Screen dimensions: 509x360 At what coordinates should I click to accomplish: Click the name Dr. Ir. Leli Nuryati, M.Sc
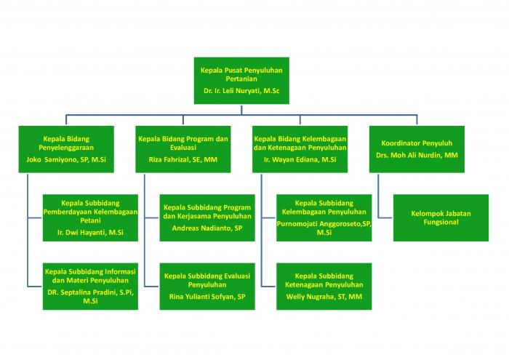(x=241, y=91)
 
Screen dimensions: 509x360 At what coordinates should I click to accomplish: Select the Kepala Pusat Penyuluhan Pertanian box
(x=241, y=81)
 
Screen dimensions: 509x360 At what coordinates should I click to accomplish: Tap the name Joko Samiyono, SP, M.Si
(x=66, y=159)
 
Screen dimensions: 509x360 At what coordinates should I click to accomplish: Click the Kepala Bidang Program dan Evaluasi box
(x=183, y=149)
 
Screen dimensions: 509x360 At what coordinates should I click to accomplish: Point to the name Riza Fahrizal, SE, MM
(x=183, y=159)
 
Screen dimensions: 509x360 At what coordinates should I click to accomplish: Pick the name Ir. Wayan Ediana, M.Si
(x=300, y=159)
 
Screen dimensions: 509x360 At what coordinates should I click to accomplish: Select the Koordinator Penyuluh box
(x=417, y=149)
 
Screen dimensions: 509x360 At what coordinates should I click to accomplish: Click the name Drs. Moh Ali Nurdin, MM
(x=417, y=155)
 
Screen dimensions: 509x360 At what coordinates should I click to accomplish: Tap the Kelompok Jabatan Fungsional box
(x=441, y=217)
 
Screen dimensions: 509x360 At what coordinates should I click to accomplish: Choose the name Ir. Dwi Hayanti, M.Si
(x=90, y=233)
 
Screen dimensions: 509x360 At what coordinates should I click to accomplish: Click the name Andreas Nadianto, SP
(x=207, y=228)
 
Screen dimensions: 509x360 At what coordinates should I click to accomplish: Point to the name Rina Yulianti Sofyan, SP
(x=207, y=297)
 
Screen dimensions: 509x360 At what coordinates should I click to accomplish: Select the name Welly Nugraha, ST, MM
(x=324, y=297)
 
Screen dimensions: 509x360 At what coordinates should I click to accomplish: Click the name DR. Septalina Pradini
(x=82, y=292)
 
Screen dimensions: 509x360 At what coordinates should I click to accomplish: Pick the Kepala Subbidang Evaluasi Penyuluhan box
(x=207, y=287)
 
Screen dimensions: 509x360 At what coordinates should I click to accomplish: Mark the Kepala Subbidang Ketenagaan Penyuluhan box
(x=324, y=287)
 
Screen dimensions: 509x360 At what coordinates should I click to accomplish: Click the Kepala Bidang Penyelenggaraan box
(x=66, y=149)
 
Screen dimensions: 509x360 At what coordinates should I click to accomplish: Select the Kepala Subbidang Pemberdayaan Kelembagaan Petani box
(x=90, y=217)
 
